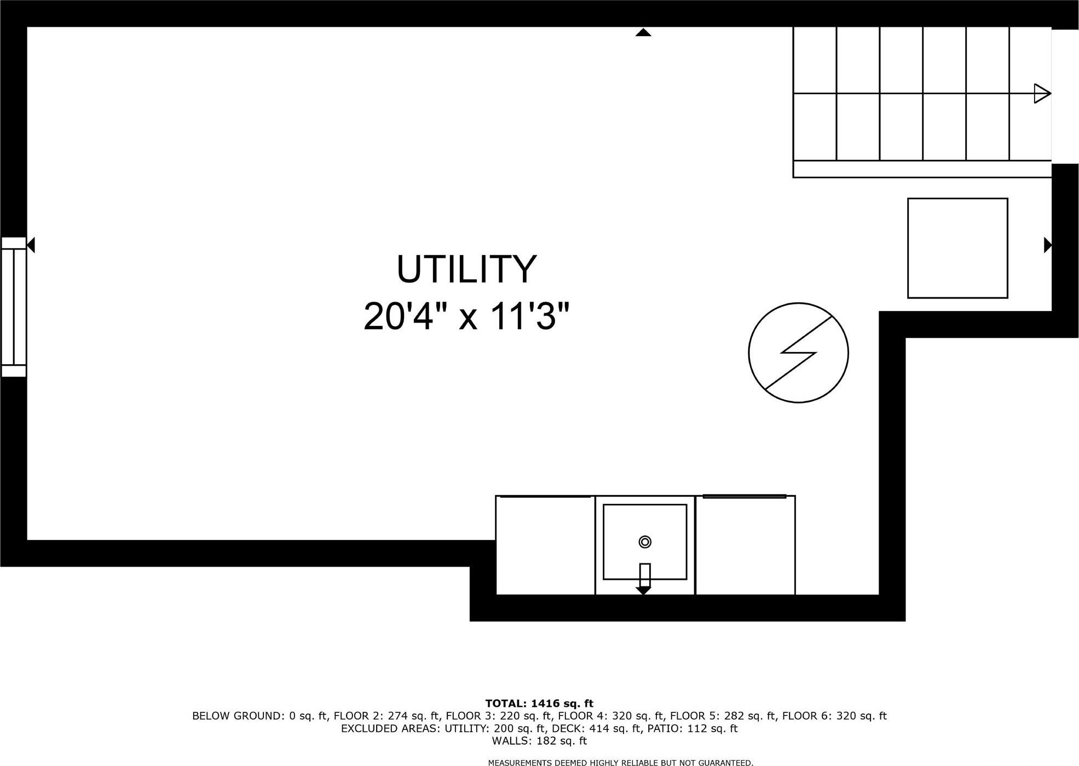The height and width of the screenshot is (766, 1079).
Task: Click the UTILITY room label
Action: coord(466,269)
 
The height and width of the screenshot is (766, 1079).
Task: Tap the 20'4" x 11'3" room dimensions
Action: coord(466,316)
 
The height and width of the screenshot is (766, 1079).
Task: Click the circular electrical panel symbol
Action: coord(798,353)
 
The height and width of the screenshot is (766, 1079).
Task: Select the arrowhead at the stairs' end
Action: coord(1042,94)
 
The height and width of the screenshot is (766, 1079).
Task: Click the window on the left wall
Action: coord(14,307)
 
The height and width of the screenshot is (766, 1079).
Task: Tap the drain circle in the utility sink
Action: coord(645,542)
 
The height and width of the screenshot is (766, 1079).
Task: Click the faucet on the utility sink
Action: coord(644,577)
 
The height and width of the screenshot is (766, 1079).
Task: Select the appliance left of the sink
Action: coord(545,545)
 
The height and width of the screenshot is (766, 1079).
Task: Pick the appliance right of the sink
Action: coord(745,545)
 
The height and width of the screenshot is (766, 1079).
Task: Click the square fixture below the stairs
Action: coord(957,248)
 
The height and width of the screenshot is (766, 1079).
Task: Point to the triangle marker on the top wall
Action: coord(643,33)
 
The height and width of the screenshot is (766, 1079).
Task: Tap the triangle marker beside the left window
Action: coord(31,245)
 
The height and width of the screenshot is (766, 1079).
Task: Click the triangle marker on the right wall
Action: coord(1047,245)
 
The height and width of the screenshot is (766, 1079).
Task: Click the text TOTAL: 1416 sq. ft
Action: coord(539,704)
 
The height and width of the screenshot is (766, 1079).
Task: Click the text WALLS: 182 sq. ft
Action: coord(539,741)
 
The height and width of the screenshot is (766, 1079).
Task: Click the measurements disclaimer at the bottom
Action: coord(620,762)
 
